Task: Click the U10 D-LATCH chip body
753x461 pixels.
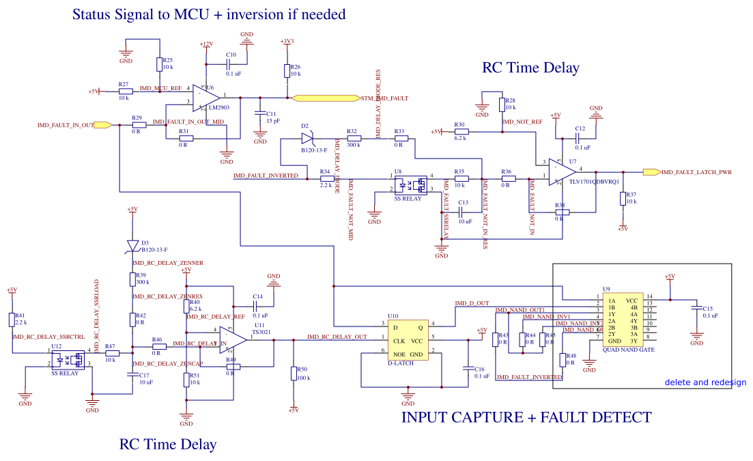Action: [408, 339]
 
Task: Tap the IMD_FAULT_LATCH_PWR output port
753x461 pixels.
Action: [651, 172]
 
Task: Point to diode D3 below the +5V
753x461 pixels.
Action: [132, 245]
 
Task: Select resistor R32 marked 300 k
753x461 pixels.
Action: [353, 139]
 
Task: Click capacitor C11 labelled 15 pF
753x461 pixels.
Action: [259, 113]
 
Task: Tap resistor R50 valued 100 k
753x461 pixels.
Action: [293, 373]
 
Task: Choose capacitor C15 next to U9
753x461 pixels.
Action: [696, 309]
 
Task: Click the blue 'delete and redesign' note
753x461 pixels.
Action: [705, 382]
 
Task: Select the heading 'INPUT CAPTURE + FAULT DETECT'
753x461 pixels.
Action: [526, 417]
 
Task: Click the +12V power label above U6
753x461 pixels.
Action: [206, 44]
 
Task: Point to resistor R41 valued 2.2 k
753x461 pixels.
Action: [12, 320]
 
